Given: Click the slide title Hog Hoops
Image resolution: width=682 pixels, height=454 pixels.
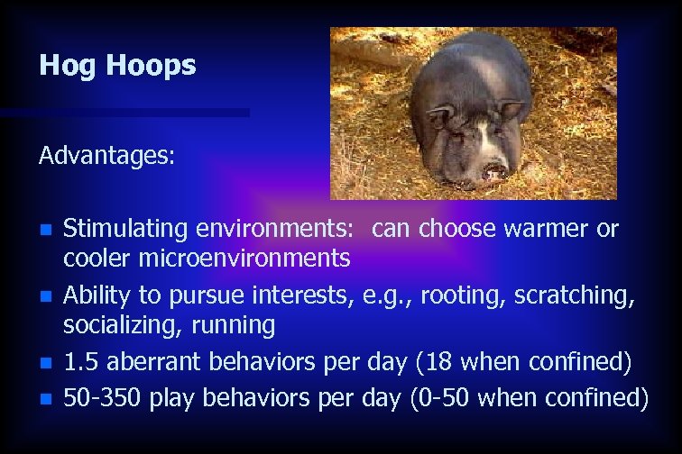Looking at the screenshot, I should tap(117, 66).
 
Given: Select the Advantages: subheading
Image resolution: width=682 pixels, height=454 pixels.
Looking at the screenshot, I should tap(106, 156).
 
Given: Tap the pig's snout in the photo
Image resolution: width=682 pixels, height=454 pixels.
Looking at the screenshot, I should tap(493, 168).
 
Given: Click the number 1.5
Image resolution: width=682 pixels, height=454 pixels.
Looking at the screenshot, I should tap(80, 362).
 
